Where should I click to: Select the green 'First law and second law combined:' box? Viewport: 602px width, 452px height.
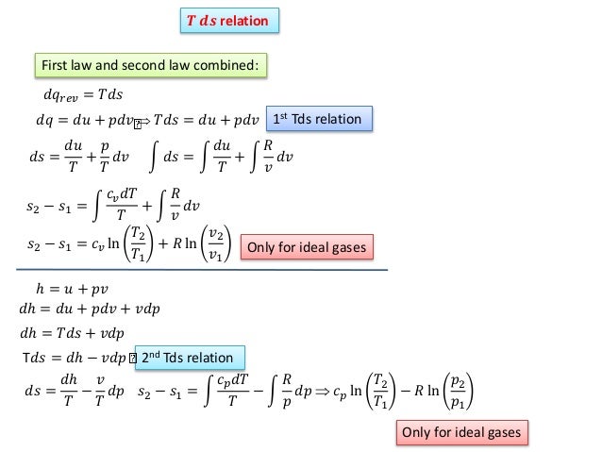(x=151, y=65)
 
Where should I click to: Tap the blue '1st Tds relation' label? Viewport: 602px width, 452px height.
(x=321, y=119)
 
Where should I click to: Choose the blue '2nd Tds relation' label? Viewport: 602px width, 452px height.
(x=192, y=357)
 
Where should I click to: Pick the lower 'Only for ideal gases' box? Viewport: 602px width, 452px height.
(x=460, y=431)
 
